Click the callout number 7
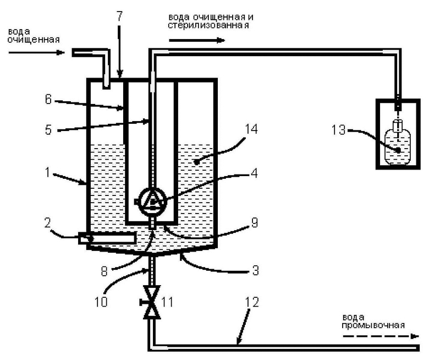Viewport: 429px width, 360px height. pyautogui.click(x=119, y=16)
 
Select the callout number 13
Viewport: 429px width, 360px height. pyautogui.click(x=338, y=129)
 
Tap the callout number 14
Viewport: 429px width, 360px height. pyautogui.click(x=251, y=129)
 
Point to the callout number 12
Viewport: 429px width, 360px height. pyautogui.click(x=252, y=302)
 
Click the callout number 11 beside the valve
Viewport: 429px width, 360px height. pyautogui.click(x=167, y=302)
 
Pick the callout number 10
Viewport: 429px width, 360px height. pyautogui.click(x=101, y=302)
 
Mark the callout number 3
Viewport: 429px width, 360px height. pyautogui.click(x=255, y=270)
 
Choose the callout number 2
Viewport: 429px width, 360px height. pyautogui.click(x=48, y=222)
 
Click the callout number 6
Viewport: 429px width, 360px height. pyautogui.click(x=48, y=99)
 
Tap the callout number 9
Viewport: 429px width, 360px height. pyautogui.click(x=255, y=222)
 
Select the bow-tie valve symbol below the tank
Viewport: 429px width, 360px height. pyautogui.click(x=152, y=302)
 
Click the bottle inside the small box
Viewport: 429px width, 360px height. pyautogui.click(x=398, y=143)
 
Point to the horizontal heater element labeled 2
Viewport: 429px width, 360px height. pyautogui.click(x=107, y=238)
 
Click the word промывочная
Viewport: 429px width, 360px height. pyautogui.click(x=373, y=325)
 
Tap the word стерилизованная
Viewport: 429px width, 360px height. pyautogui.click(x=208, y=25)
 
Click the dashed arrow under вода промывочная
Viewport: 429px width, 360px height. pyautogui.click(x=381, y=336)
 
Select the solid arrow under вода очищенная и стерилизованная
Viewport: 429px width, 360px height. pyautogui.click(x=197, y=41)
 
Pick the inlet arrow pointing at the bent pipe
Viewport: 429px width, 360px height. pyautogui.click(x=36, y=52)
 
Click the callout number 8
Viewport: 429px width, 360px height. pyautogui.click(x=104, y=271)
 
